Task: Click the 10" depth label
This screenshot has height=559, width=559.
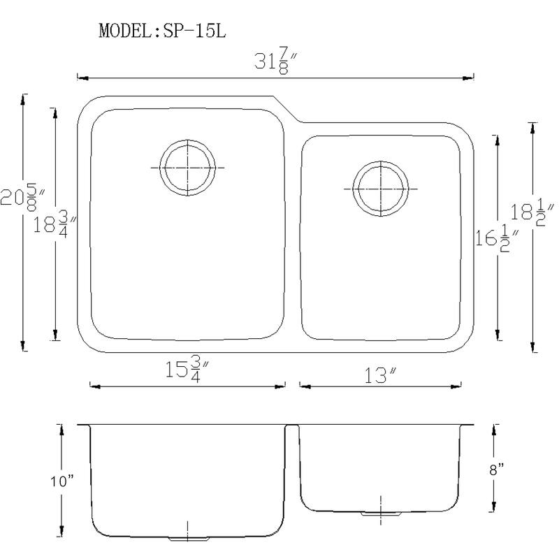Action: pos(62,481)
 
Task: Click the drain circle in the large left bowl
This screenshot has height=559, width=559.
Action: pos(187,168)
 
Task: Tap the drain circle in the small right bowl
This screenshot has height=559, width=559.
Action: pos(380,189)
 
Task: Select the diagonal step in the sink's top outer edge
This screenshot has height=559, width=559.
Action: pos(286,109)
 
